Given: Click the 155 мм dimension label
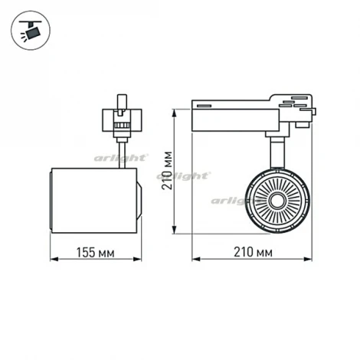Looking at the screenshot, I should tap(95, 250).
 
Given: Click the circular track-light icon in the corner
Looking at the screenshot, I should tap(30, 30).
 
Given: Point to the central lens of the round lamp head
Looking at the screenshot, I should tap(273, 200).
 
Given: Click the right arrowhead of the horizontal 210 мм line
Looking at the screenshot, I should tap(313, 260).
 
